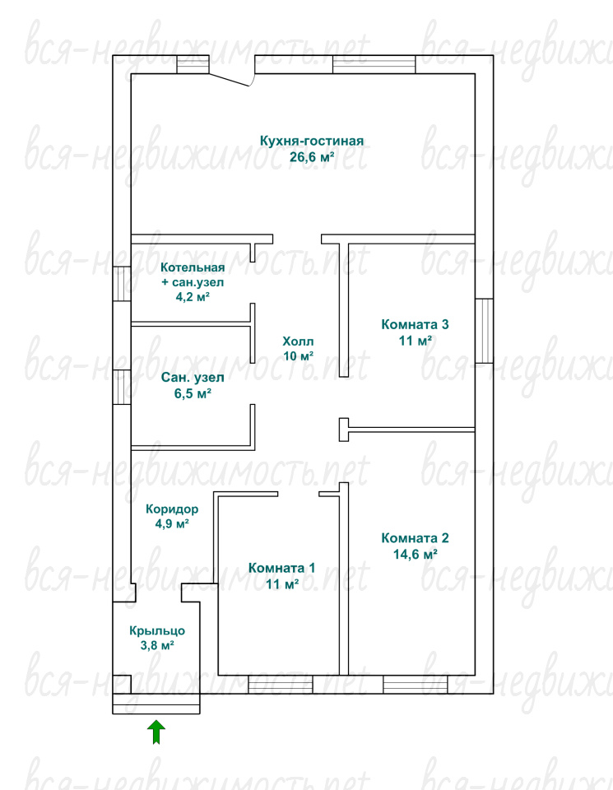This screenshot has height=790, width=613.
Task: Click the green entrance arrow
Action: [x=156, y=732]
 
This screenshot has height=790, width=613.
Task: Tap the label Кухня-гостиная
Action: [x=312, y=141]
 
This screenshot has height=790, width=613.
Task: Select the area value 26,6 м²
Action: [x=313, y=156]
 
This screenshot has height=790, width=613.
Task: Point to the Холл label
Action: [x=298, y=341]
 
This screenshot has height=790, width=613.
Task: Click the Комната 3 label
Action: [x=415, y=324]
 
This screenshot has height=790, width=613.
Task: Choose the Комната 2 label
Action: [x=415, y=537]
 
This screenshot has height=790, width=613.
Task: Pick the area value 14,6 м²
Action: [x=415, y=554]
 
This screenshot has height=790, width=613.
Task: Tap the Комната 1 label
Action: [x=281, y=568]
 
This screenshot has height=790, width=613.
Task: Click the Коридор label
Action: [x=172, y=509]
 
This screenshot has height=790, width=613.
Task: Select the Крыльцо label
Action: [x=157, y=630]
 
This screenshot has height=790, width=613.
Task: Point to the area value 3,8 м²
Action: [x=157, y=645]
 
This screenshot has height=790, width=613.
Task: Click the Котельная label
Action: [x=193, y=267]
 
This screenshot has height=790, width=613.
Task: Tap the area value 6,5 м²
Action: [x=193, y=393]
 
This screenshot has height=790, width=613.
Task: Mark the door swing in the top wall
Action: [x=230, y=80]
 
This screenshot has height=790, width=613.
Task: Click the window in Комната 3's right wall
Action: [x=484, y=331]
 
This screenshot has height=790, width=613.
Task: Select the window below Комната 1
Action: [x=280, y=685]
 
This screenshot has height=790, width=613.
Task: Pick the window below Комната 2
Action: [x=415, y=685]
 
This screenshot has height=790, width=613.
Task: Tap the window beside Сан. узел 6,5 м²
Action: [x=122, y=387]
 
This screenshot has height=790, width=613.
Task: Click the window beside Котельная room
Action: [x=122, y=284]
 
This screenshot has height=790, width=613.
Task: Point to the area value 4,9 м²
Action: [x=172, y=524]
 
